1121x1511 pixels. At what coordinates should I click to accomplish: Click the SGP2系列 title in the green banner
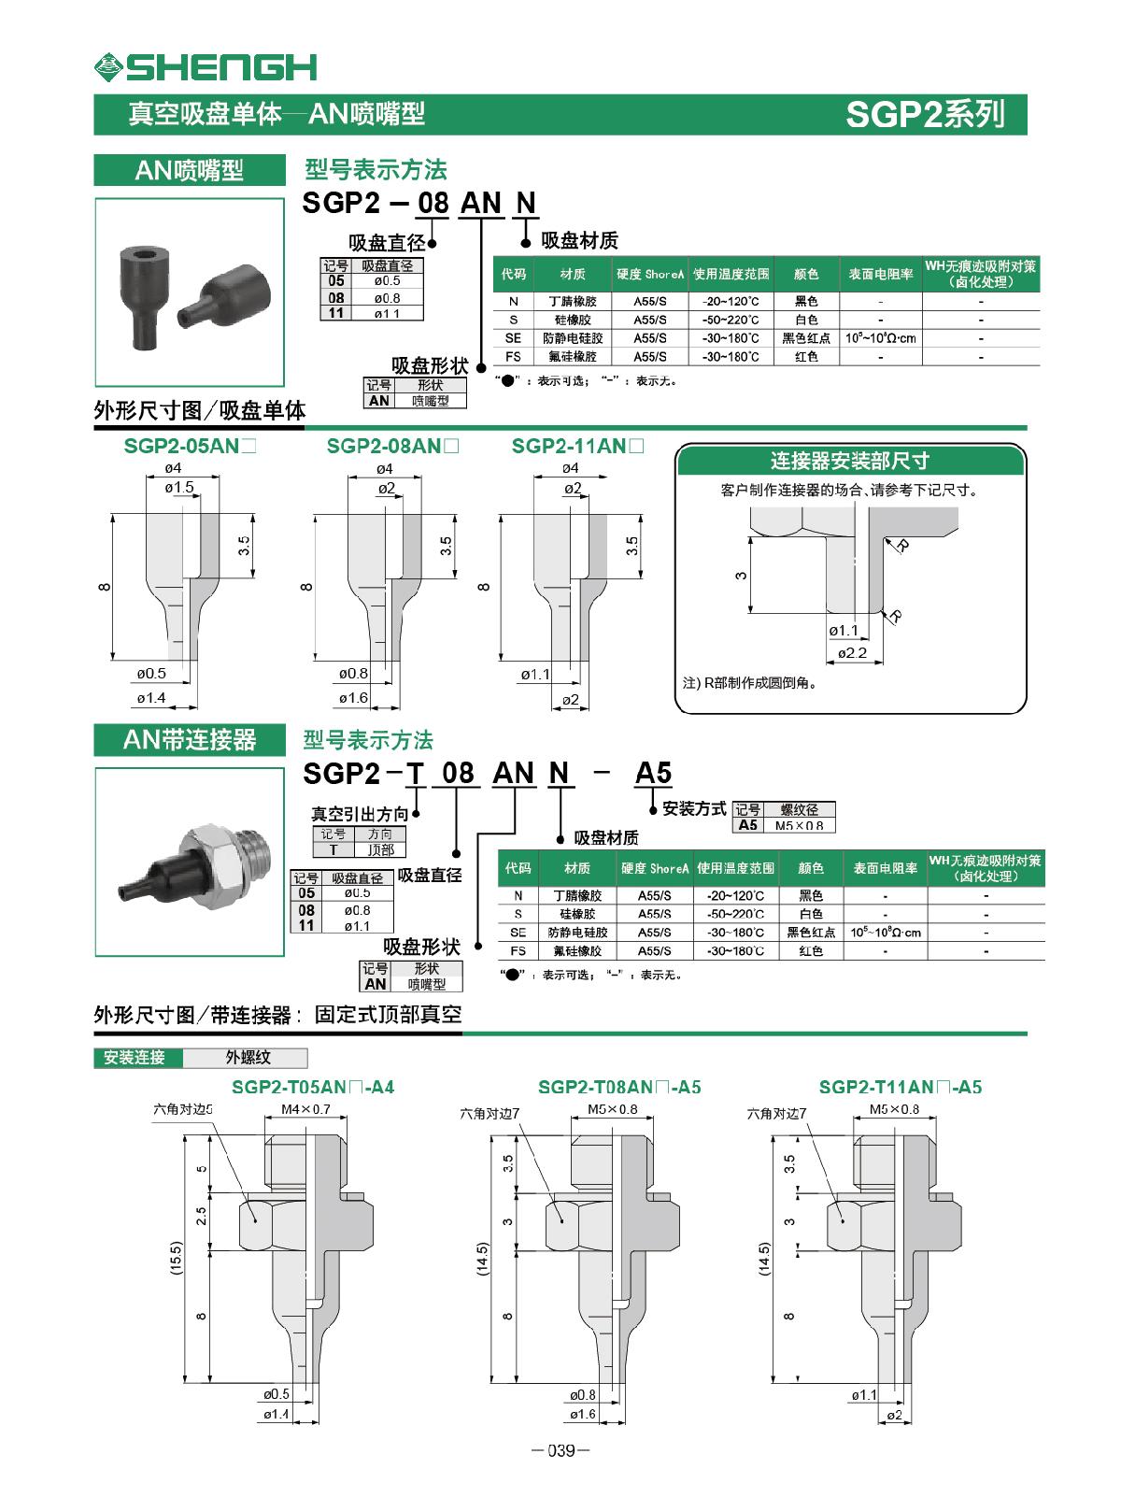(x=924, y=114)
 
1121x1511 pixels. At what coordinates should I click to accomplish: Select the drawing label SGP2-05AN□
(x=190, y=447)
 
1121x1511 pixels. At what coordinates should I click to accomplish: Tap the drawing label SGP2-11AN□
(x=577, y=447)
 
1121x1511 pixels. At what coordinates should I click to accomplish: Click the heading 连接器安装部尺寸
(x=849, y=461)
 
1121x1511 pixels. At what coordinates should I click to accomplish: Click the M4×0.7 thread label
(x=305, y=1109)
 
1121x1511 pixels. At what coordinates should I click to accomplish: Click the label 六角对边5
(x=184, y=1109)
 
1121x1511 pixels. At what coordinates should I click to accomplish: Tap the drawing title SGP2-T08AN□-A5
(x=619, y=1087)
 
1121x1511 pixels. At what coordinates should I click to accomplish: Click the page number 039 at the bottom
(x=560, y=1450)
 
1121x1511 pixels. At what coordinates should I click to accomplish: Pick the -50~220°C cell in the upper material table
(x=730, y=320)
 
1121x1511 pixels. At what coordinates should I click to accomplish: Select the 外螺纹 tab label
(x=248, y=1058)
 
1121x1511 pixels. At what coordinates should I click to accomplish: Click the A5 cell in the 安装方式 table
(x=748, y=825)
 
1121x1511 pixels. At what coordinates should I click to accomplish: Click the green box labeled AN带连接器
(x=190, y=740)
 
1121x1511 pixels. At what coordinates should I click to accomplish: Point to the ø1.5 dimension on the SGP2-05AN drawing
(x=178, y=488)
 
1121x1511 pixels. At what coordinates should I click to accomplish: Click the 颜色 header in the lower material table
(x=810, y=868)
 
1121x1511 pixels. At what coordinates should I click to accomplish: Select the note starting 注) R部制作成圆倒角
(x=750, y=683)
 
